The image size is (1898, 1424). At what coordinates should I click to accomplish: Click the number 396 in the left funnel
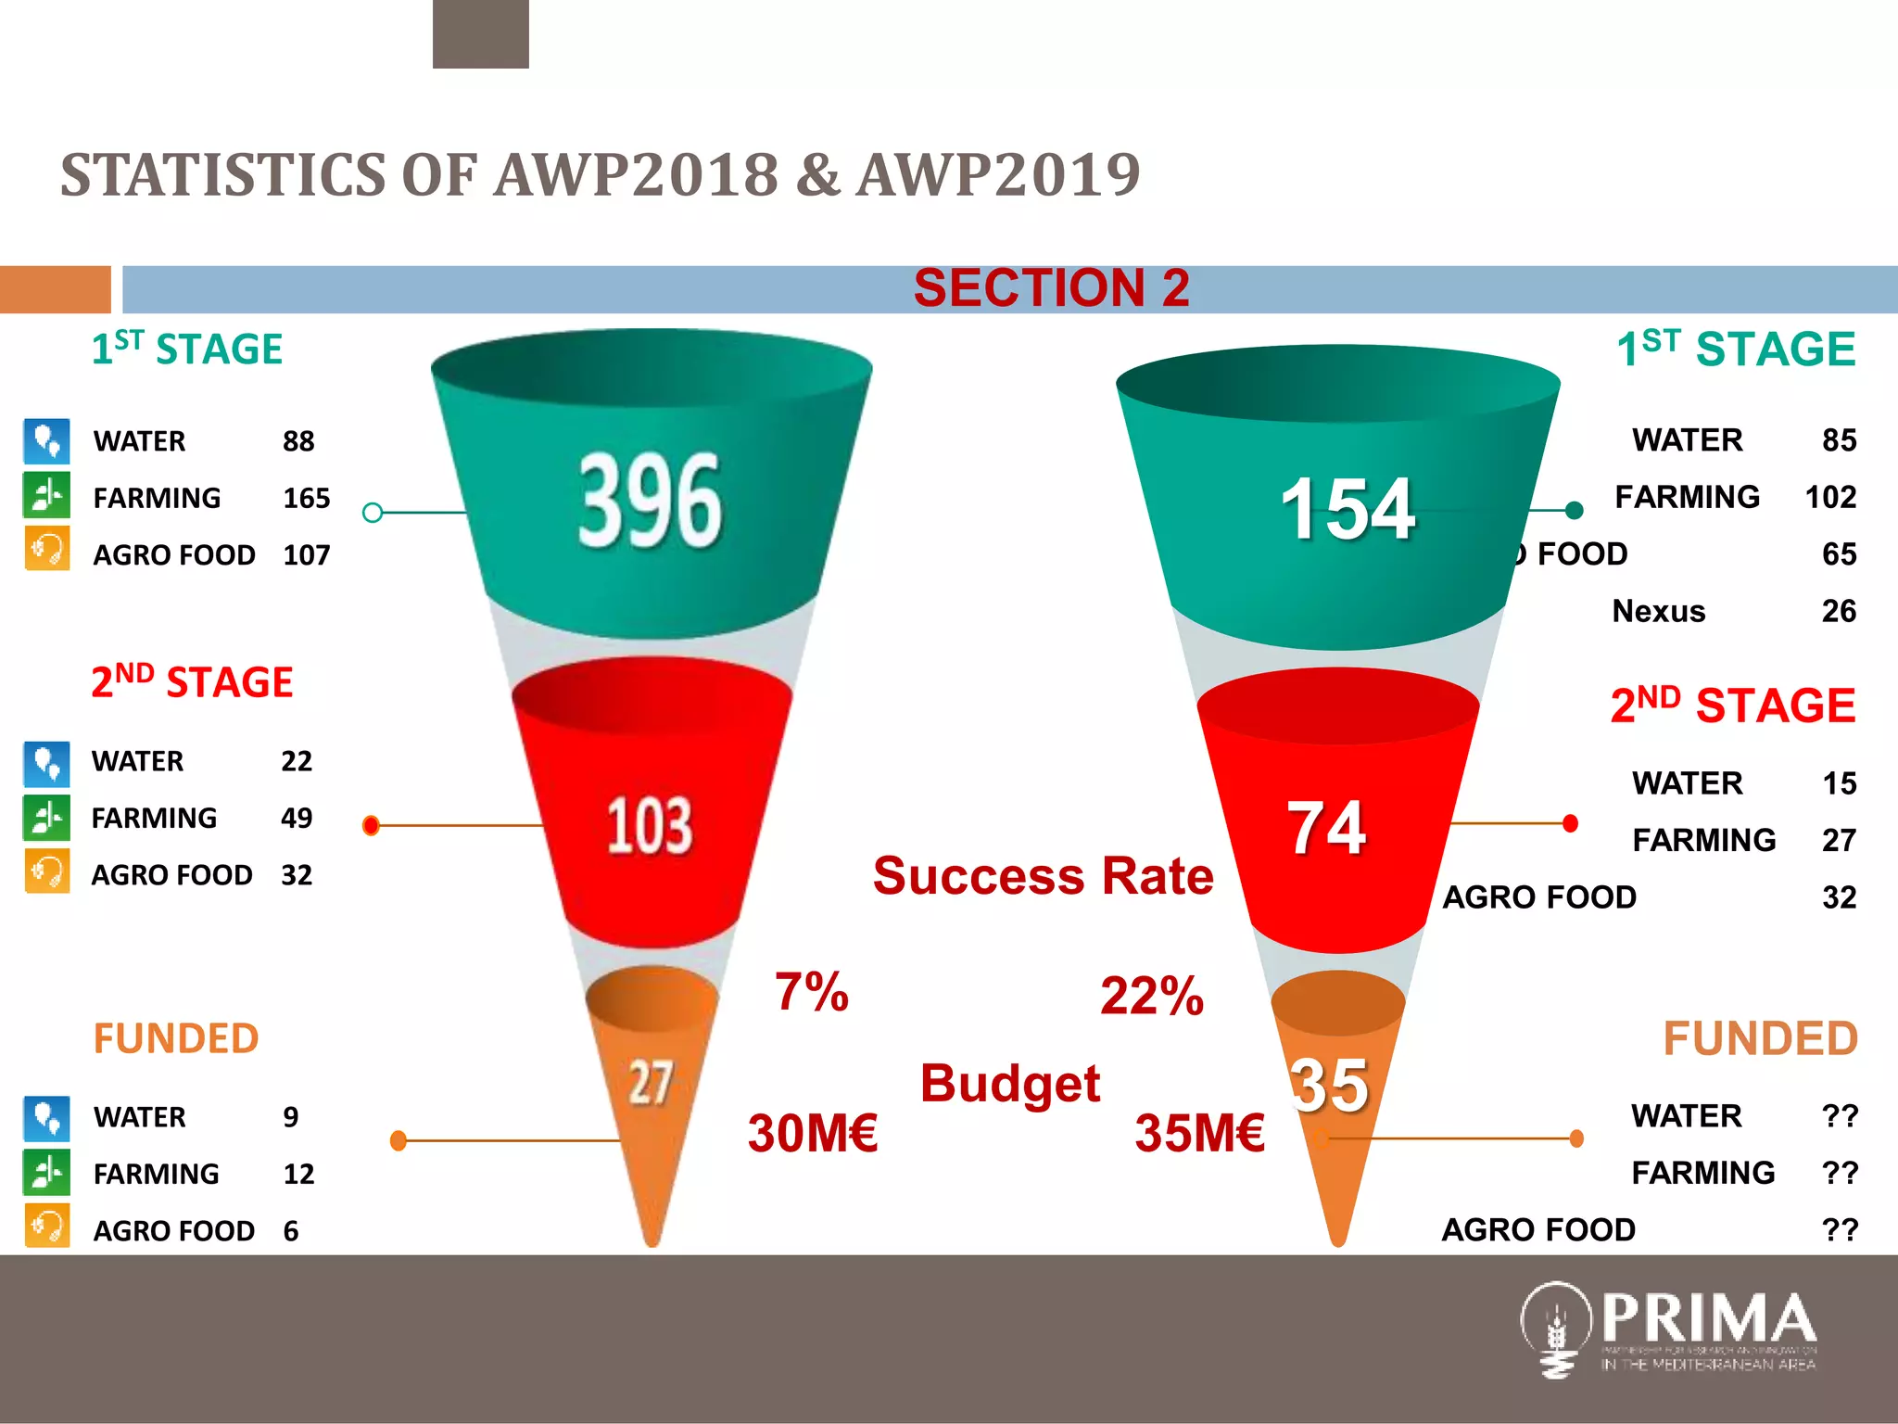(649, 502)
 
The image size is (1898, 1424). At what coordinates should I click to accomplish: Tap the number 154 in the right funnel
(1348, 509)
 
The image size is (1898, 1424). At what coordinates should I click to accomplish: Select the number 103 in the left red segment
(650, 825)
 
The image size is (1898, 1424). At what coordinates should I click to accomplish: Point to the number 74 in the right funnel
(1326, 828)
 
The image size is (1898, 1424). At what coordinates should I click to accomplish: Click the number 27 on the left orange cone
(650, 1082)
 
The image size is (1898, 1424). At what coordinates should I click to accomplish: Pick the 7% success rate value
(811, 992)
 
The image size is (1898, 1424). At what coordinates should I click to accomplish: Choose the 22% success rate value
(1151, 997)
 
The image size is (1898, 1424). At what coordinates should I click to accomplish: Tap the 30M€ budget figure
(813, 1133)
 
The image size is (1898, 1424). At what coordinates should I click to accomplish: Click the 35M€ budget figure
(1199, 1133)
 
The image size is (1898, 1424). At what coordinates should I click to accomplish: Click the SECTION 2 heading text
(1051, 288)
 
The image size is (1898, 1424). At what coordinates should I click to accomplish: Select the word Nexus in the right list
(1658, 612)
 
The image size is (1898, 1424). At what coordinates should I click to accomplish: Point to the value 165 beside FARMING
(306, 499)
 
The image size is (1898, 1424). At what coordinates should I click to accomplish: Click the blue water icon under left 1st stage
(46, 441)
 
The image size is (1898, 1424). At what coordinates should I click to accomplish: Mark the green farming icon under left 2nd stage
(46, 818)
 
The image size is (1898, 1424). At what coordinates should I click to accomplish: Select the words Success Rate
(1043, 876)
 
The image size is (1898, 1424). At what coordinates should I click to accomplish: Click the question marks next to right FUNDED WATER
(1839, 1116)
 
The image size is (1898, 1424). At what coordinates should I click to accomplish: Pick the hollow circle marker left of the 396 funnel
(373, 513)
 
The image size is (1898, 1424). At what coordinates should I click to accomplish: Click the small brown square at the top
(480, 33)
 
